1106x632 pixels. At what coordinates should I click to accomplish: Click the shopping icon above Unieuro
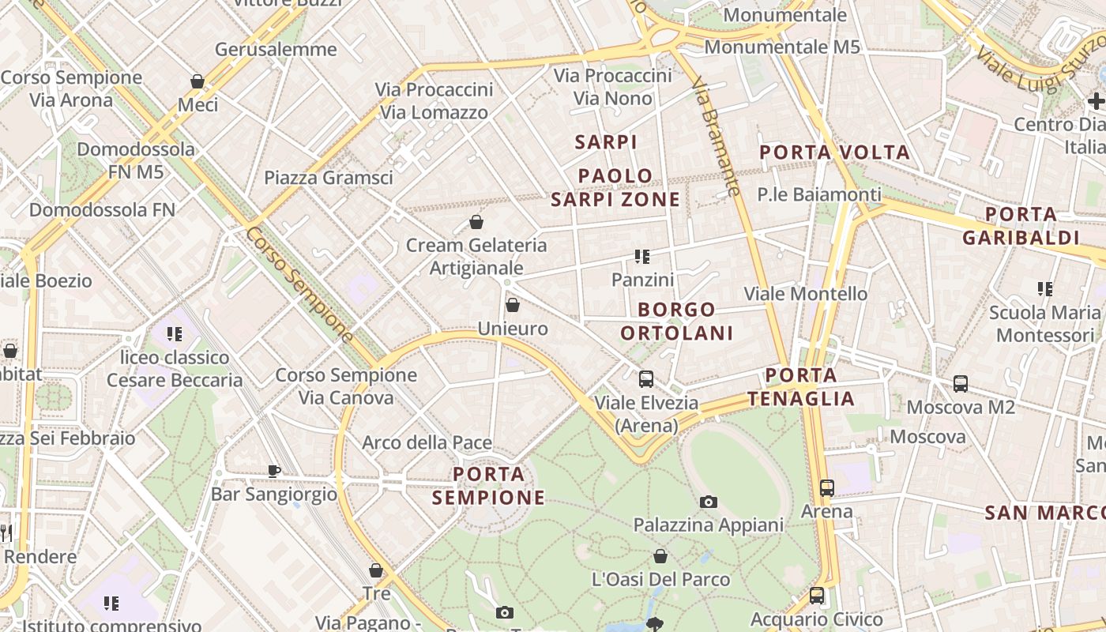coord(513,305)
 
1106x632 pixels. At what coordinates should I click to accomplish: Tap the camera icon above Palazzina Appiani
coord(709,502)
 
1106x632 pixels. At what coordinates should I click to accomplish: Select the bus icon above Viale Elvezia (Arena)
coord(646,379)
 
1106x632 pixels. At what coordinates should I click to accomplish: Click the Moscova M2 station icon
coord(961,384)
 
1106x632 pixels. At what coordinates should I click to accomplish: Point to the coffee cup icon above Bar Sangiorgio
coord(273,471)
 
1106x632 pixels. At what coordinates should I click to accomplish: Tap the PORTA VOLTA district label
coord(834,152)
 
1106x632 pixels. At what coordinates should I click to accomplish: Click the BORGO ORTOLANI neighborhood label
coord(677,321)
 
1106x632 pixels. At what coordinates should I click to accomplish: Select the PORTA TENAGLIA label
coord(802,387)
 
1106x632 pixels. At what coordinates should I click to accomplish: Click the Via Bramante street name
coord(717,136)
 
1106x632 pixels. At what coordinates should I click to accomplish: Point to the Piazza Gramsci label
coord(328,178)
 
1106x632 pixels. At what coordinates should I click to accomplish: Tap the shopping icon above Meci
coord(197,81)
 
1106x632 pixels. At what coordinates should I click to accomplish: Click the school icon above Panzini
coord(642,257)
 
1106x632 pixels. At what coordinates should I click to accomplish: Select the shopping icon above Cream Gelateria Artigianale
coord(476,222)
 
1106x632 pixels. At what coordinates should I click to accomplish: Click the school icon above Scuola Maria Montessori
coord(1045,289)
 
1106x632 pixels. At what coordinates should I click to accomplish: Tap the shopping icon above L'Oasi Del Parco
coord(660,557)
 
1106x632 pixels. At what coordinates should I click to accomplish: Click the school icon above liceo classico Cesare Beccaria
coord(175,334)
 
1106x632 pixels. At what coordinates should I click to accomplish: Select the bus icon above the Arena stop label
coord(827,488)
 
